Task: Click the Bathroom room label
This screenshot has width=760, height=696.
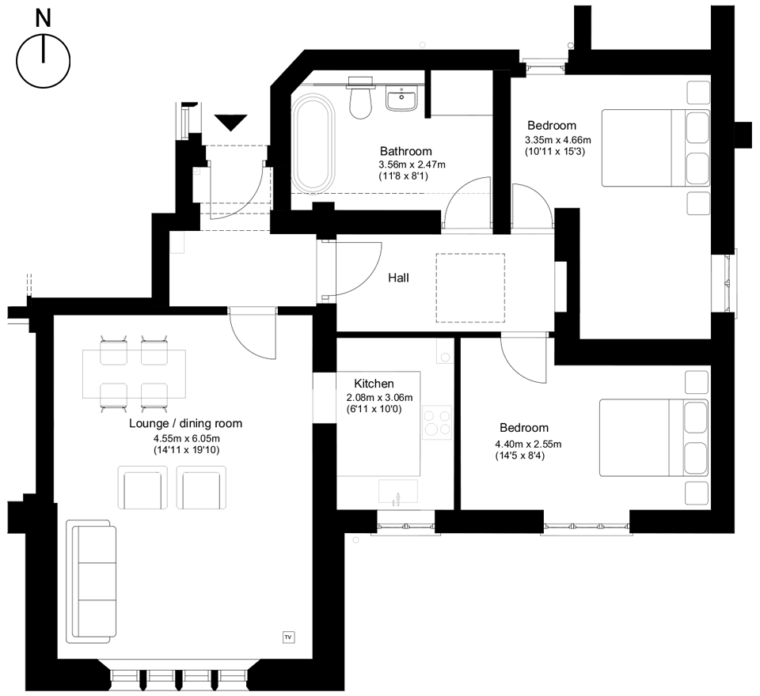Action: pos(405,151)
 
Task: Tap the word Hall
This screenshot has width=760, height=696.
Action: pos(399,278)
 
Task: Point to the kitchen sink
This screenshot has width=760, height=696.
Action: pos(398,491)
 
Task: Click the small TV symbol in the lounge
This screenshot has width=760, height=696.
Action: pos(287,635)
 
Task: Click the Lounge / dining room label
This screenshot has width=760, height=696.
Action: pos(185,424)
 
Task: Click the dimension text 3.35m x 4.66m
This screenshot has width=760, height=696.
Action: pos(557,140)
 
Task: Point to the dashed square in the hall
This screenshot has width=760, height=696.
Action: pos(470,288)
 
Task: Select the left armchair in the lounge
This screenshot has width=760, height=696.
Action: pos(142,487)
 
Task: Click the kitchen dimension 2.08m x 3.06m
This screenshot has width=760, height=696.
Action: pos(379,397)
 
